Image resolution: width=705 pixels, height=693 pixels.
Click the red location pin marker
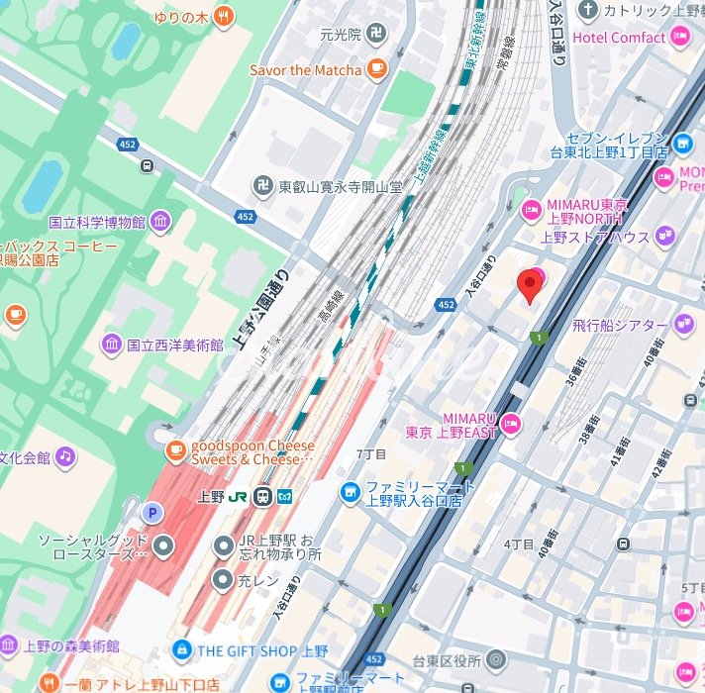(531, 286)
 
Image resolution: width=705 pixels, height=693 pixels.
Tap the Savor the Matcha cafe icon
(375, 68)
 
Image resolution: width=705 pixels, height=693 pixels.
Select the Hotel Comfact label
(619, 38)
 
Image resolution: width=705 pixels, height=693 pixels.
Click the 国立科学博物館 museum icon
(160, 220)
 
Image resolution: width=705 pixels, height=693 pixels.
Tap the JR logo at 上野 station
(239, 497)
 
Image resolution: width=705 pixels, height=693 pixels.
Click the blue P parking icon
(151, 512)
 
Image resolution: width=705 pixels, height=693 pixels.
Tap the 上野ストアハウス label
(594, 238)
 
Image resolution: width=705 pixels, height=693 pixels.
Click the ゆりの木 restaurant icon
(224, 15)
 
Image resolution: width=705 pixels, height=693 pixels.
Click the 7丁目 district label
(370, 452)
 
